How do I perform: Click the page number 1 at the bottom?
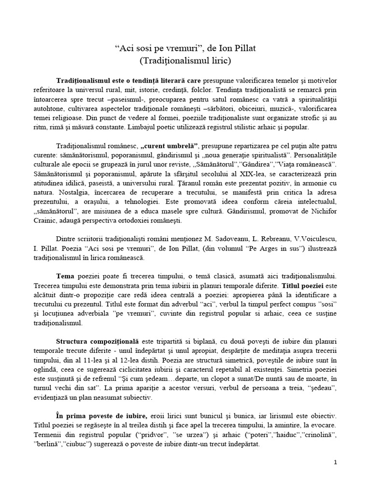coord(335,463)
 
